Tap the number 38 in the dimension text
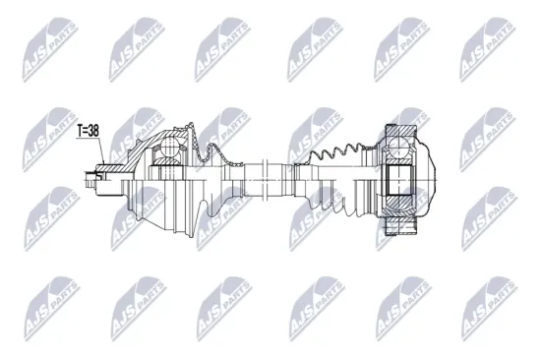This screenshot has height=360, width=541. [x=95, y=130]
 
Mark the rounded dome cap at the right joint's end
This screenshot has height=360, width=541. [x=423, y=177]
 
